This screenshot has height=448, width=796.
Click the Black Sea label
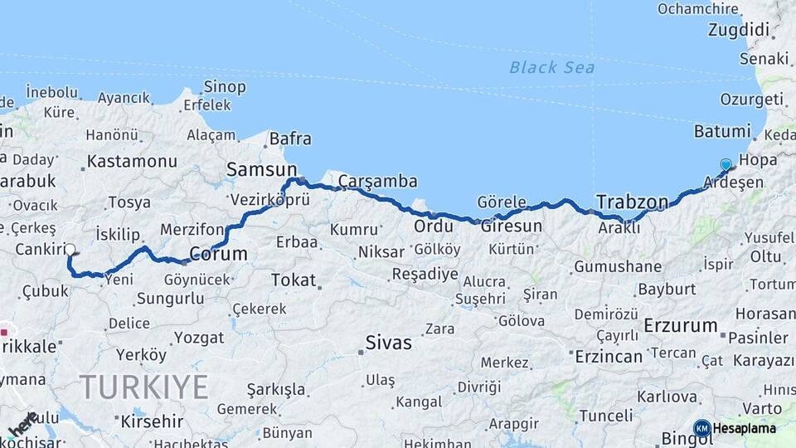pos(551,67)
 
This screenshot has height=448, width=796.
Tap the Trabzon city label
pos(632,202)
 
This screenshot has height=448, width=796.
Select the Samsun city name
pos(261,168)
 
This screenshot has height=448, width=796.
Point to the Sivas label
pos(388,342)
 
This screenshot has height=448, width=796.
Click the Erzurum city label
pos(680,325)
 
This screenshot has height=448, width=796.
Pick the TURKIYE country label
pos(143,387)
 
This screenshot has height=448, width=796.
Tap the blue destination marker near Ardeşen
pos(726,165)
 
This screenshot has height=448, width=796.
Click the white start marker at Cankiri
pos(70,249)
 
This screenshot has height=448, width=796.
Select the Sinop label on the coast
pos(225,87)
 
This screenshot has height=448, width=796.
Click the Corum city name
pos(218,253)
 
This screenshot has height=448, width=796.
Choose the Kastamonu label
pos(132,162)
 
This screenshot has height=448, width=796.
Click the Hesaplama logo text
pos(745,429)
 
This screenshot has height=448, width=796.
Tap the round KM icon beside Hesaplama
pos(702,429)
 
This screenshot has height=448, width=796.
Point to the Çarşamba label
pos(377,182)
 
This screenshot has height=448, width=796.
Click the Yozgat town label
pos(199,338)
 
